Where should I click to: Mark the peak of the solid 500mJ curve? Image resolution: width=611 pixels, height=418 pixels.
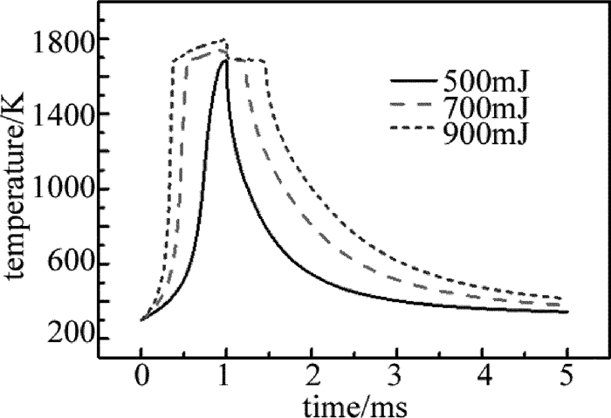tap(225, 60)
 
